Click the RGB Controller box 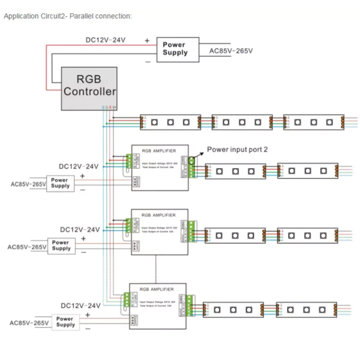(x=89, y=88)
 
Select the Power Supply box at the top (x=177, y=49)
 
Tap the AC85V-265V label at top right (x=231, y=51)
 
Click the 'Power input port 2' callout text (x=237, y=149)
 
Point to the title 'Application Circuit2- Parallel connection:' (x=68, y=16)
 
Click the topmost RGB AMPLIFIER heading (x=159, y=151)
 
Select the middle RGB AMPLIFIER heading (x=159, y=215)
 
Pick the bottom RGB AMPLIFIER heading (x=156, y=289)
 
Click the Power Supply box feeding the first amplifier (x=60, y=183)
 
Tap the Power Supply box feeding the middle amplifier (x=62, y=246)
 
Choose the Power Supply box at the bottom (x=65, y=321)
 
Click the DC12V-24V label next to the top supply (x=105, y=40)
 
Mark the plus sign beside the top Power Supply (x=147, y=41)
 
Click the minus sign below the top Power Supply (x=148, y=62)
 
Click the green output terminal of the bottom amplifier (x=190, y=306)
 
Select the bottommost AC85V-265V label (x=29, y=323)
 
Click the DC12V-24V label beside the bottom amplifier (x=81, y=306)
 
